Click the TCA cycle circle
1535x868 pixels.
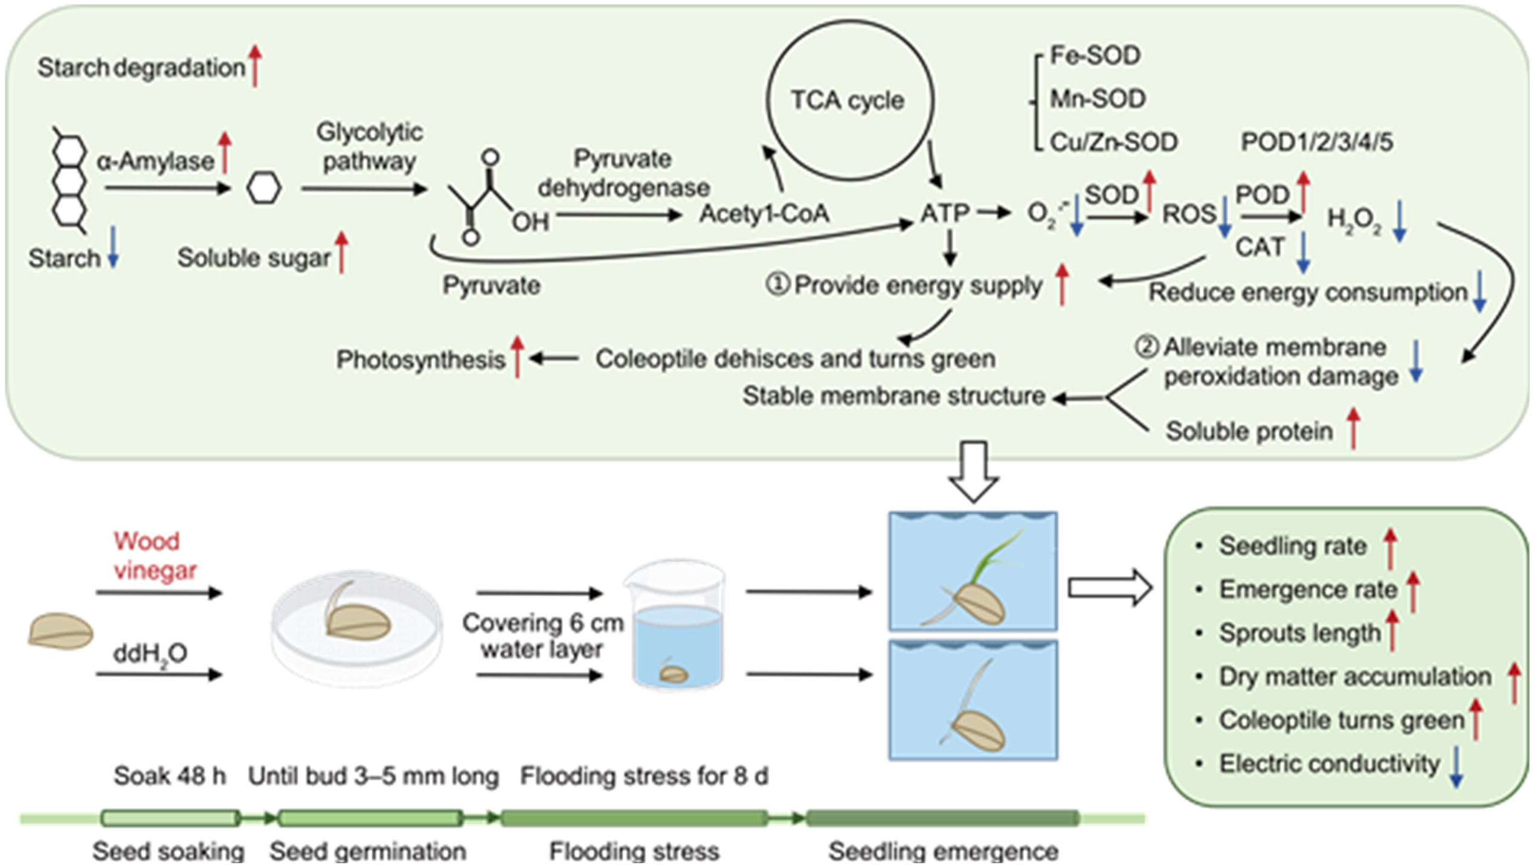[849, 100]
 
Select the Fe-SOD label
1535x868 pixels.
[1095, 56]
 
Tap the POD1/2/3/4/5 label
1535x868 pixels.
[1316, 143]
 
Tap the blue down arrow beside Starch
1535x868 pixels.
[113, 247]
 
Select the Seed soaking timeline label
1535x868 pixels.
[168, 851]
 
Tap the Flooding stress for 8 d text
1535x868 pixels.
[644, 776]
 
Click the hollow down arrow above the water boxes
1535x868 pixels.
[973, 471]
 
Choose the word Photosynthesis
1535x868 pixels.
[420, 360]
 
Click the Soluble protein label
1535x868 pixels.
[1249, 431]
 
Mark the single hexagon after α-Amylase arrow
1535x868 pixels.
[264, 188]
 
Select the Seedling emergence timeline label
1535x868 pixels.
[943, 851]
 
